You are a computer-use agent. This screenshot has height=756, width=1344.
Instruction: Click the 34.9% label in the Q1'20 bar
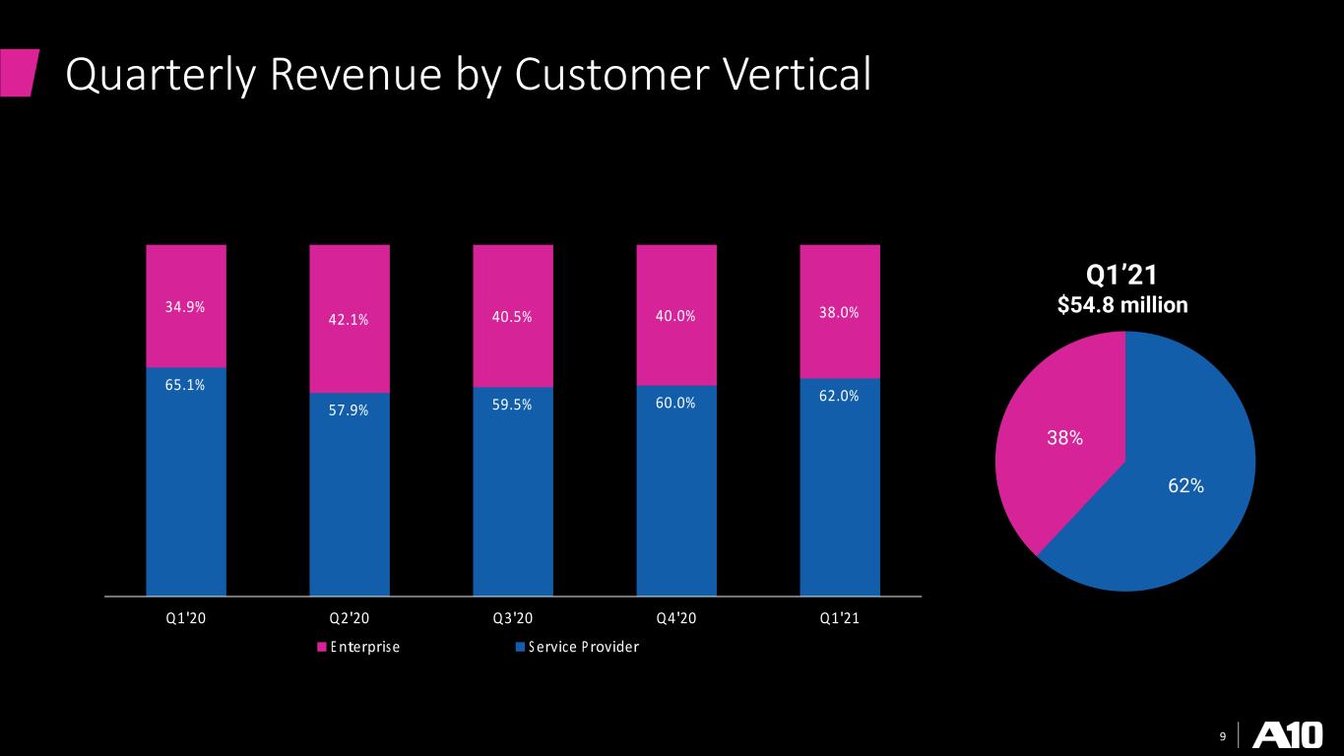tap(185, 307)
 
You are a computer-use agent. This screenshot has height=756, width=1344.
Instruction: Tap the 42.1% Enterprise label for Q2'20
tap(349, 320)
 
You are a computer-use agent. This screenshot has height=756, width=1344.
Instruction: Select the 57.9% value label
tap(349, 410)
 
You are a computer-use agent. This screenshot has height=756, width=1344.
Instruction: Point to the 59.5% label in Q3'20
tap(512, 405)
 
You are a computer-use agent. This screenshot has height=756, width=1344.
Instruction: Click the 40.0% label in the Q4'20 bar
tap(675, 316)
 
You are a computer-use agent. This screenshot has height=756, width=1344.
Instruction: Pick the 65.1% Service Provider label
tap(185, 385)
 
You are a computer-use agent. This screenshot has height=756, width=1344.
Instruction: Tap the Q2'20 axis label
tap(350, 618)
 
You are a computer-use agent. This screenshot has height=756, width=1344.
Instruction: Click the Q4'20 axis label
tap(676, 618)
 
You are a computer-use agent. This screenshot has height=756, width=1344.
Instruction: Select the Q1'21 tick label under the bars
tap(840, 618)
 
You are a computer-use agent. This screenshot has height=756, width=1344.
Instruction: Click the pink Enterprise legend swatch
tap(322, 647)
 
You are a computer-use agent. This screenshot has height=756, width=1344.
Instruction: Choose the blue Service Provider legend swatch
tap(521, 647)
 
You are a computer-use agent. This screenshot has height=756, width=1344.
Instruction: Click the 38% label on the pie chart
tap(1065, 438)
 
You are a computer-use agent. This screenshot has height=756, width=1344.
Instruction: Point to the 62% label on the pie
tap(1185, 485)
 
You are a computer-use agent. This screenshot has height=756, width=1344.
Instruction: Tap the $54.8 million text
tap(1122, 305)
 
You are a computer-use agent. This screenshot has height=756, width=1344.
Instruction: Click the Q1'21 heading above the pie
tap(1122, 275)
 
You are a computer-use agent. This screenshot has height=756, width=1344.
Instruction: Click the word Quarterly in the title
tap(161, 76)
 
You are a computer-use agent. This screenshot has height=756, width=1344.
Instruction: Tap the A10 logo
tap(1288, 734)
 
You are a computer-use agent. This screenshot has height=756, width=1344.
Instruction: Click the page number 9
tap(1223, 736)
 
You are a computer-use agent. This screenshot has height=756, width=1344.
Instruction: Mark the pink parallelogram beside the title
tap(20, 73)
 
